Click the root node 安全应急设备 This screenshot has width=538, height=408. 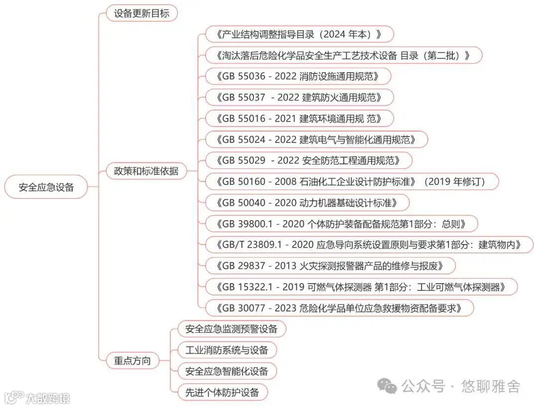(x=46, y=187)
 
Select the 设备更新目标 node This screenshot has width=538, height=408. (x=141, y=13)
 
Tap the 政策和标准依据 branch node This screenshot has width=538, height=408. (x=146, y=171)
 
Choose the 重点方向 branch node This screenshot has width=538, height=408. (x=132, y=361)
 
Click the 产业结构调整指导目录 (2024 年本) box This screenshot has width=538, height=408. (x=299, y=34)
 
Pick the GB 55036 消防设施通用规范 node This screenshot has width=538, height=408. (x=297, y=76)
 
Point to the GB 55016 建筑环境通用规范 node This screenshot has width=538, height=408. (x=299, y=119)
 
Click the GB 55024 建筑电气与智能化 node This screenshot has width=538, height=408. (x=316, y=139)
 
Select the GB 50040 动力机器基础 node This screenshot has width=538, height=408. (x=307, y=202)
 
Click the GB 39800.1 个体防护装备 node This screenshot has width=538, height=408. (x=341, y=224)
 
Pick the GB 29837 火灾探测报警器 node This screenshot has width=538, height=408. (x=330, y=266)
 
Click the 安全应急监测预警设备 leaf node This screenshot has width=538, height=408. (x=232, y=329)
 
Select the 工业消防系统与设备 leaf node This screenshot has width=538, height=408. (x=227, y=350)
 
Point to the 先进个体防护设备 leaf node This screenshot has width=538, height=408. (x=222, y=392)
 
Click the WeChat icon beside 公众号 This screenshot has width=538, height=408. (x=387, y=385)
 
